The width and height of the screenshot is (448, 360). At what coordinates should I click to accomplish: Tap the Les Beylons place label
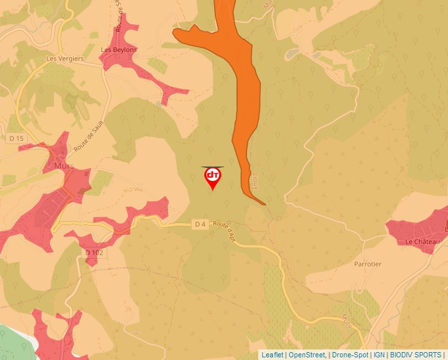point(119,50)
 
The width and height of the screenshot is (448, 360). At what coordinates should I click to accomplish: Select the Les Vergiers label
point(65,59)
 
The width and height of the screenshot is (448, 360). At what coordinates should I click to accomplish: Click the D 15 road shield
point(16,139)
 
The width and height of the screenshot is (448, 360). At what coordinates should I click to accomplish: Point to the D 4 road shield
point(200,224)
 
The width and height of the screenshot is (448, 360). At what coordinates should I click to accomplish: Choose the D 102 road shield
point(94,253)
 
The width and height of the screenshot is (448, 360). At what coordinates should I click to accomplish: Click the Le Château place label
point(422,242)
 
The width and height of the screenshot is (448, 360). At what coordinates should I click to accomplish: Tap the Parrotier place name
point(368,264)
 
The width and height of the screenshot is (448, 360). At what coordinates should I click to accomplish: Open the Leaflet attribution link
point(272,355)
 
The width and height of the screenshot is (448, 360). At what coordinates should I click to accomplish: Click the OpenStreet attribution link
point(307,355)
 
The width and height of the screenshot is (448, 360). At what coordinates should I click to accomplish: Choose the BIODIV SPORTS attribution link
point(416,355)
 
